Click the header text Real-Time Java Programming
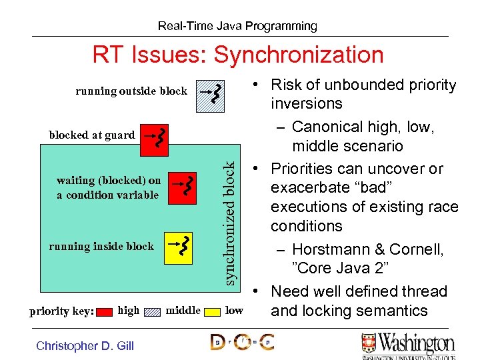click(x=237, y=26)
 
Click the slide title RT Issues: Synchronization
click(x=237, y=55)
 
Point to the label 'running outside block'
click(x=131, y=91)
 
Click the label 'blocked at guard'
click(x=92, y=135)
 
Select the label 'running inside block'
click(x=101, y=246)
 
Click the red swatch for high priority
click(x=104, y=311)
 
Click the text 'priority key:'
click(x=61, y=311)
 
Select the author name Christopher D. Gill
click(x=85, y=345)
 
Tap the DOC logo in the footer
click(x=242, y=343)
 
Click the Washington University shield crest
click(x=369, y=344)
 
